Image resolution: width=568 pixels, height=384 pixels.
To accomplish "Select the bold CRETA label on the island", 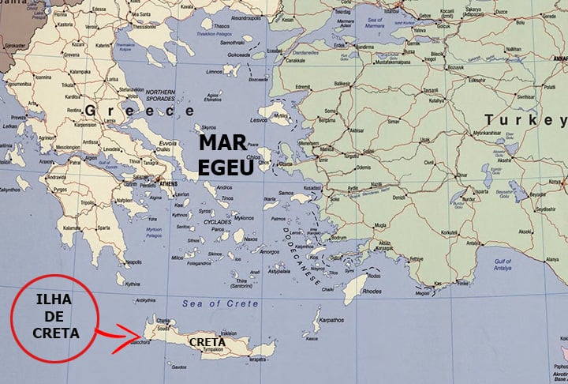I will point(206,341).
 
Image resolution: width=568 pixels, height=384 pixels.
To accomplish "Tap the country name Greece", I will point(129,111).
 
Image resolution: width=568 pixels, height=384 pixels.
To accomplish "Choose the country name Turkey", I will point(525,119).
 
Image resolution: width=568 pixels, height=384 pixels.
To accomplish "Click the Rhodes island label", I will point(372,290).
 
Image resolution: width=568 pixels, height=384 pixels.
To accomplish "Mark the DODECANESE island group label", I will point(302,256).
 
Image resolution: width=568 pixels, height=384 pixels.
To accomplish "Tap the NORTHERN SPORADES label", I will point(161,95).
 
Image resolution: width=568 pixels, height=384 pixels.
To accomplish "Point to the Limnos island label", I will point(214,72).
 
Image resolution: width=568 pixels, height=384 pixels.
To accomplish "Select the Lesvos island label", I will point(258,120).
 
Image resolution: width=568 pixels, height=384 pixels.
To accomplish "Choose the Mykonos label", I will point(244,217).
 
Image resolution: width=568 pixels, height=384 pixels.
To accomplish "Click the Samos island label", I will point(286,192).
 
